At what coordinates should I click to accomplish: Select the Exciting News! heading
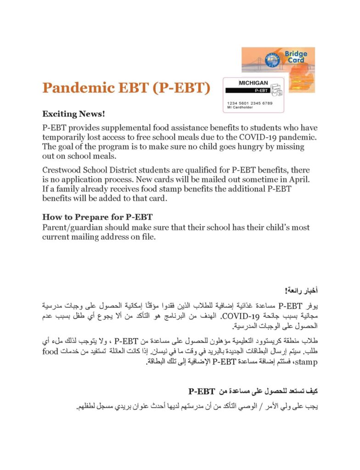pyautogui.click(x=73, y=113)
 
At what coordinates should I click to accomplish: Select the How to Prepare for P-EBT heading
pyautogui.click(x=97, y=217)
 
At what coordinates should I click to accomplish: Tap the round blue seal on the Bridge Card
pyautogui.click(x=271, y=60)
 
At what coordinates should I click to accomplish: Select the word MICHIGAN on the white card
pyautogui.click(x=253, y=83)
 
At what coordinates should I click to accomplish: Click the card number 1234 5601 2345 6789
pyautogui.click(x=250, y=103)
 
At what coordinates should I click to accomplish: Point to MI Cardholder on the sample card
pyautogui.click(x=242, y=108)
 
